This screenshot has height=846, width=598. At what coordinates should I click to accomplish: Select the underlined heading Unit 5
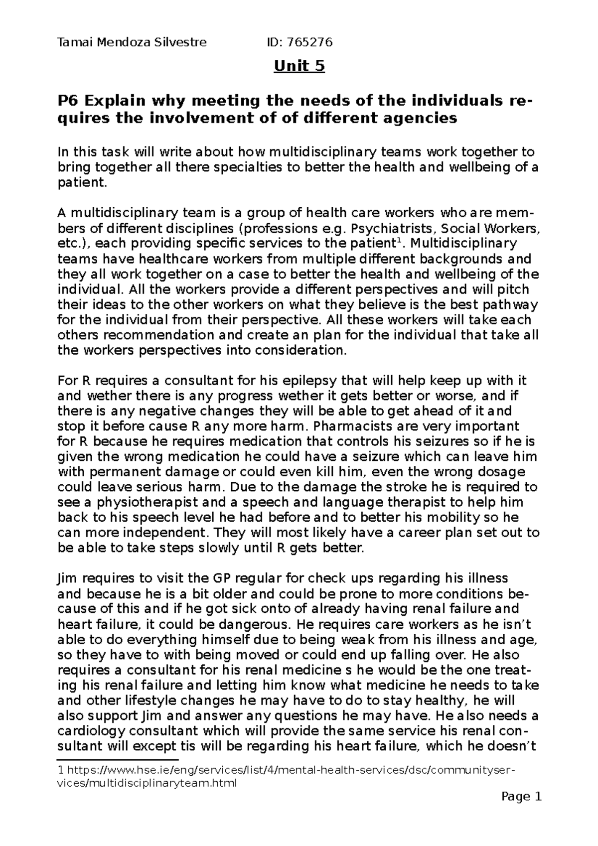click(299, 66)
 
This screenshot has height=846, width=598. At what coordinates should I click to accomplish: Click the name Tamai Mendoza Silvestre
click(132, 43)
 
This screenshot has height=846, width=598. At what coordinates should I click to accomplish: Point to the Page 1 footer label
click(521, 797)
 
